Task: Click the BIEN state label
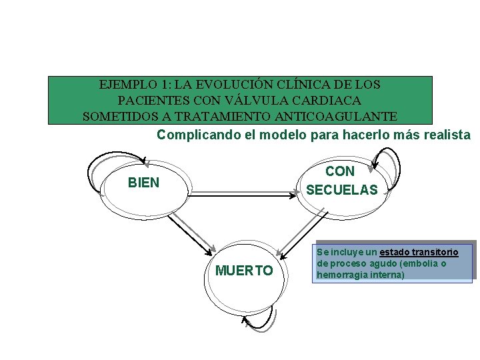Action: (x=143, y=183)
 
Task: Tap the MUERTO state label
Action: (x=244, y=271)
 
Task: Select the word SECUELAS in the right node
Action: (x=341, y=190)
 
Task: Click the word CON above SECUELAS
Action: (x=340, y=171)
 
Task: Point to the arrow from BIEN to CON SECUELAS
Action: (x=244, y=194)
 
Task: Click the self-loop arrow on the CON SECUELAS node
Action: (x=387, y=157)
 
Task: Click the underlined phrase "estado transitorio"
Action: (x=419, y=253)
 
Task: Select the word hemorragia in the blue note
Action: (x=341, y=274)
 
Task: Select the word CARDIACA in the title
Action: (x=331, y=101)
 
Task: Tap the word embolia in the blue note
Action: (x=427, y=263)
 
